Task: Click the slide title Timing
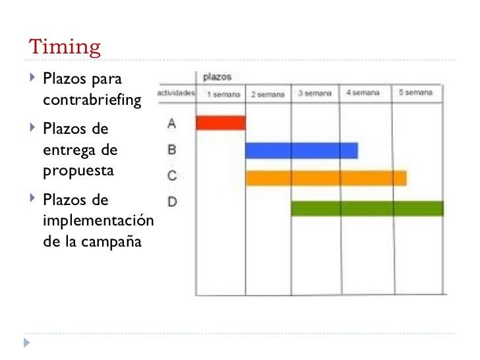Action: pyautogui.click(x=65, y=47)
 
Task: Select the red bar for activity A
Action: pyautogui.click(x=221, y=123)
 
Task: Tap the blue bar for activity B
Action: pyautogui.click(x=301, y=150)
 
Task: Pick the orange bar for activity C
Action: pyautogui.click(x=326, y=178)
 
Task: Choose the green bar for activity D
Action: pyautogui.click(x=367, y=208)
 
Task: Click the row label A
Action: pyautogui.click(x=171, y=123)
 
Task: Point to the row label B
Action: pyautogui.click(x=171, y=150)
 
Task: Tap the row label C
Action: pyautogui.click(x=171, y=176)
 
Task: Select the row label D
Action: pyautogui.click(x=171, y=202)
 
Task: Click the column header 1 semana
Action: pyautogui.click(x=223, y=94)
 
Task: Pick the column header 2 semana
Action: pyautogui.click(x=268, y=94)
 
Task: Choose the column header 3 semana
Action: pyautogui.click(x=315, y=94)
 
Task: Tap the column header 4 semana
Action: pyautogui.click(x=363, y=94)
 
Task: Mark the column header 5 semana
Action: pyautogui.click(x=415, y=93)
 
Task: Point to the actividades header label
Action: pyautogui.click(x=175, y=94)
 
